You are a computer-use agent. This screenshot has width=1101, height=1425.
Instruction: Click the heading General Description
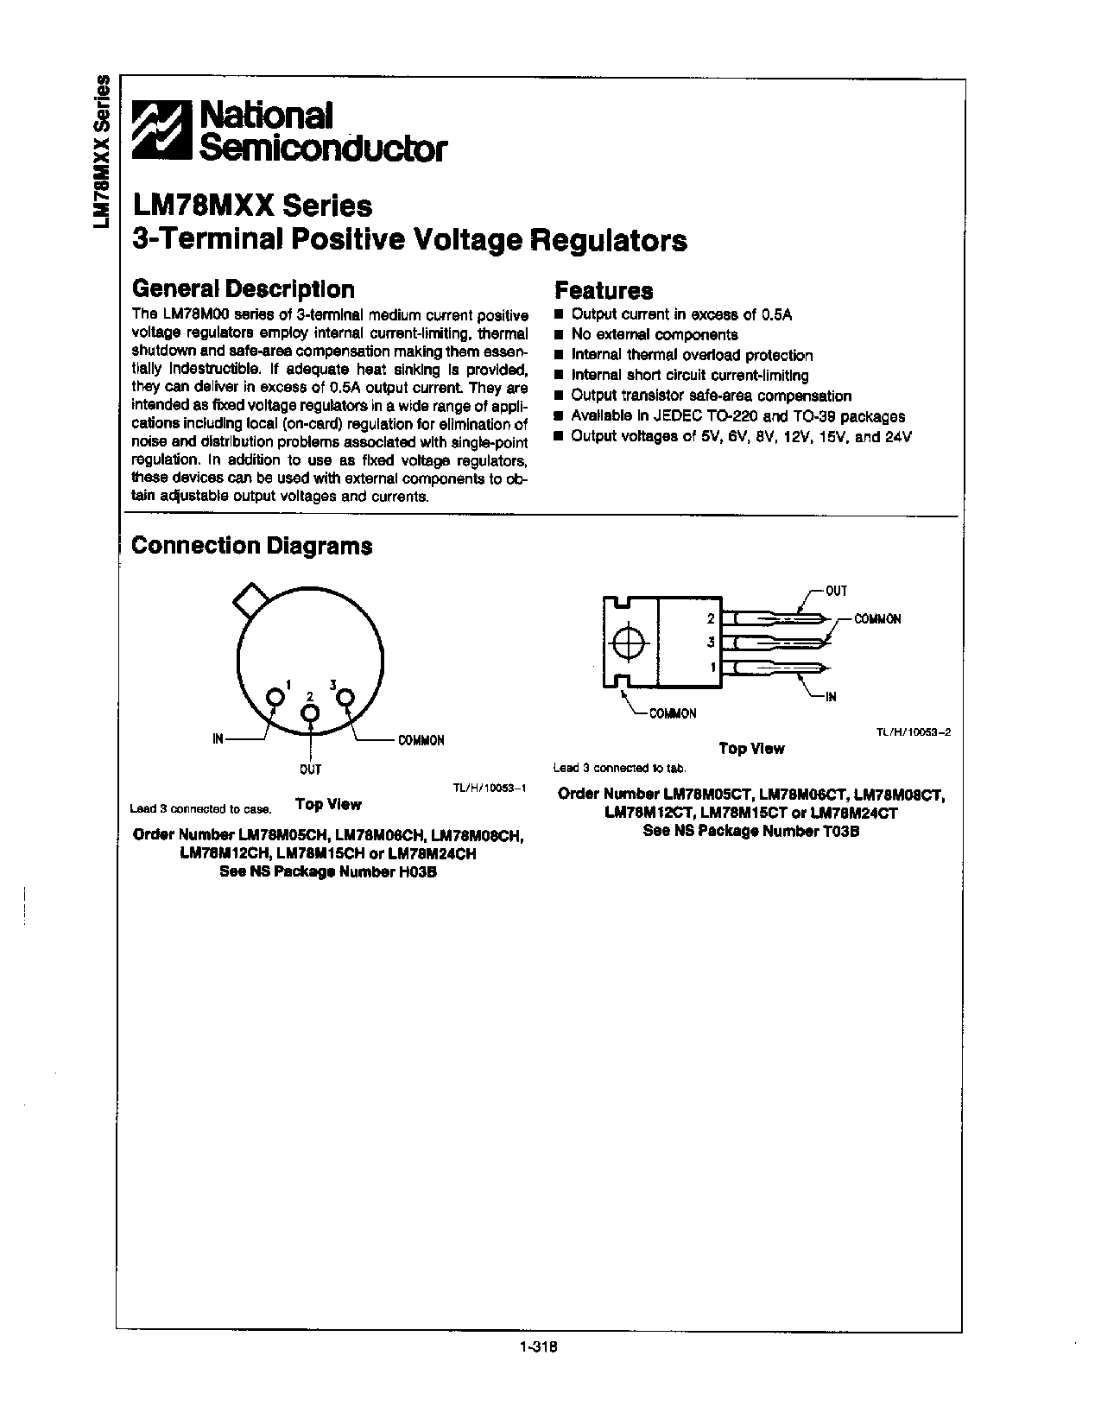click(x=242, y=289)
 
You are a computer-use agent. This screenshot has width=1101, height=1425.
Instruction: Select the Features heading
click(x=603, y=291)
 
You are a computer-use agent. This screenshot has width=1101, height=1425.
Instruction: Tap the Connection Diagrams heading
click(x=251, y=546)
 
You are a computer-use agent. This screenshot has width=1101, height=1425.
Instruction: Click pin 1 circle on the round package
click(x=275, y=696)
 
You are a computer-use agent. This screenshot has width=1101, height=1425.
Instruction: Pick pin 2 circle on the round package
click(x=310, y=713)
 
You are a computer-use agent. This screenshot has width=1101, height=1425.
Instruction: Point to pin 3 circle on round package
click(x=345, y=697)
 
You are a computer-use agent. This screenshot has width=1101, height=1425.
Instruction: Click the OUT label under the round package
click(x=310, y=769)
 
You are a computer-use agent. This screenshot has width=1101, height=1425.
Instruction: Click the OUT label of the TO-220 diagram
click(x=836, y=592)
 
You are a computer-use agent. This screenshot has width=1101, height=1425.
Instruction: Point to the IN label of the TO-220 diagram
click(x=830, y=696)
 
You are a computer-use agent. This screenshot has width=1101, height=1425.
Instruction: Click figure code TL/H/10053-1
click(x=489, y=788)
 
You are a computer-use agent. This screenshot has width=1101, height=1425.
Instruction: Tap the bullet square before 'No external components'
click(x=559, y=335)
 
